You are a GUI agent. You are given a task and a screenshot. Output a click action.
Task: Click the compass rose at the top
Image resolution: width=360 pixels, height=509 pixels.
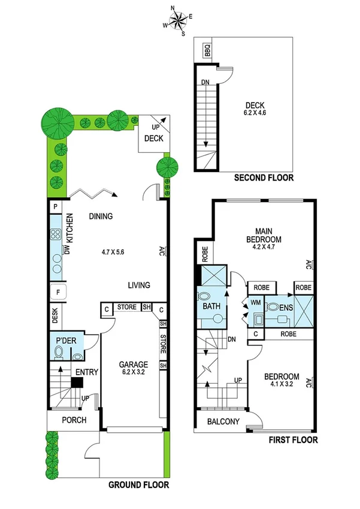(x=178, y=21)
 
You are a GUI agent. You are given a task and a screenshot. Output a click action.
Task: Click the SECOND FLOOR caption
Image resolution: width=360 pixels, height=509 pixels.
(x=264, y=177)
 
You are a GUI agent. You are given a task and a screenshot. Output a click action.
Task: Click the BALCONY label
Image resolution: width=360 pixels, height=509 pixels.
(x=223, y=421)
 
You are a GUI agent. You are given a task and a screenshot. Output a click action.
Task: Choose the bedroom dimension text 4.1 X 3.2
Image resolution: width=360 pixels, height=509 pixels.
(x=285, y=385)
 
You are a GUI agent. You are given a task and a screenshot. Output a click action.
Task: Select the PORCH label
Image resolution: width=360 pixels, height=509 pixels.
(x=74, y=420)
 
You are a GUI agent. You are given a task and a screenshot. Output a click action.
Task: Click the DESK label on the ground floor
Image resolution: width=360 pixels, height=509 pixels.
(x=55, y=316)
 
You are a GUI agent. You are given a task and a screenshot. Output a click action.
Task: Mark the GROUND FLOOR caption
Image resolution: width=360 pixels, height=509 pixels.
(x=138, y=484)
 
